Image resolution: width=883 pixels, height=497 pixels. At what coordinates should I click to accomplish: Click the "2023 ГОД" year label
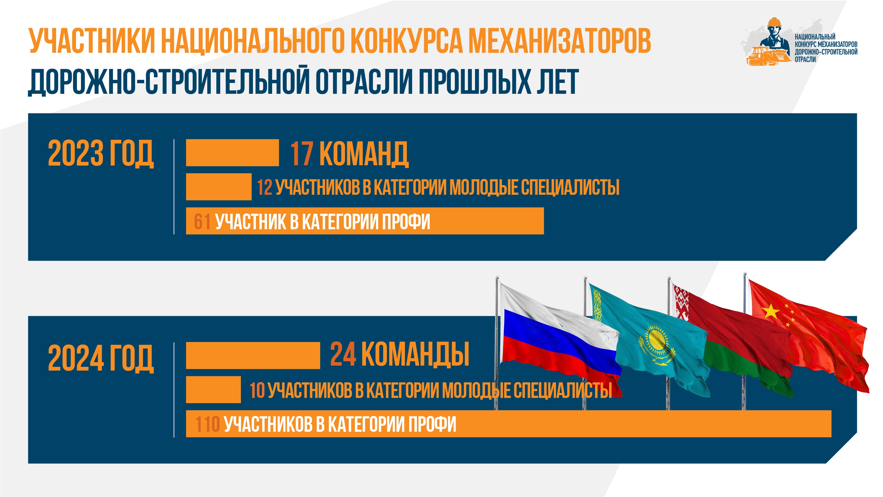coord(101,153)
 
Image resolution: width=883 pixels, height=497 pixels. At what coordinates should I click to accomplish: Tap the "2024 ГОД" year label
coord(101,358)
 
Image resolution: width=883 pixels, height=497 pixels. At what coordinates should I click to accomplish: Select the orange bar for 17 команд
coord(232,153)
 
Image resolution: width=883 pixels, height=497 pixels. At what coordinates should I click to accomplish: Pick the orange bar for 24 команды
coord(253,356)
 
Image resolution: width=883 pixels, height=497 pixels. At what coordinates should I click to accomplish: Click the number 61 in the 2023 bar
coord(202,221)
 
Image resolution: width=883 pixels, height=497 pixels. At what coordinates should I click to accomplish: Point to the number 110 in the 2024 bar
coord(207,424)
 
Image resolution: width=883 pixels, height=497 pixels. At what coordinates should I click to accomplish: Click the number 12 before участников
coord(265,187)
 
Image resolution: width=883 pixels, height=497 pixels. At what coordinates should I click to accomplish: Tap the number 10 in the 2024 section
coord(257,390)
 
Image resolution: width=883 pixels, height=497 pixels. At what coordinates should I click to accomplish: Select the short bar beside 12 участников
coord(219,187)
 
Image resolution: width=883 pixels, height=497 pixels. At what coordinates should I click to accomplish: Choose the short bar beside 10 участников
coord(213,390)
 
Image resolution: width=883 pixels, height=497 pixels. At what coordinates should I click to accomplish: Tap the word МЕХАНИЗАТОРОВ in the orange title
coord(559,41)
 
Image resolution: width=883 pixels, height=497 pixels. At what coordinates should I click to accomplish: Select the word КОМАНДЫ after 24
coord(415,354)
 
